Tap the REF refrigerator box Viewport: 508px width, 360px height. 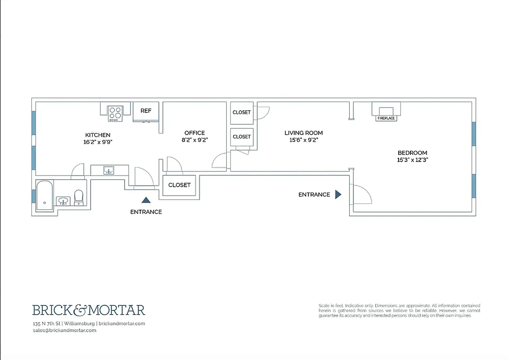[146, 111]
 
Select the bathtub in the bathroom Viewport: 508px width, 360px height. [45, 193]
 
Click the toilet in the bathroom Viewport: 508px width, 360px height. [79, 197]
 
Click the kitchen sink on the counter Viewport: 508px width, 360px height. [108, 170]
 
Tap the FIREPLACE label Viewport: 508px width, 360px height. [386, 118]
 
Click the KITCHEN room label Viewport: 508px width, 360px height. [98, 135]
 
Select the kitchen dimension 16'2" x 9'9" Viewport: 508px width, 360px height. [98, 142]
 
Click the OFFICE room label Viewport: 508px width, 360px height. [194, 133]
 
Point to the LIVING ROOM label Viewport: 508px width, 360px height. [304, 133]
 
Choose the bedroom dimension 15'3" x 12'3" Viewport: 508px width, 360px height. [412, 160]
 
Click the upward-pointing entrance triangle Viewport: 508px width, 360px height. [146, 200]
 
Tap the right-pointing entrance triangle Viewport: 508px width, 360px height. [338, 194]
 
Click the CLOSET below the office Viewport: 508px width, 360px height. [179, 185]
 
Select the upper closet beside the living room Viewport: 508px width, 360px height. [242, 112]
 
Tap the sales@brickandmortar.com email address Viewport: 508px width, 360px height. [64, 330]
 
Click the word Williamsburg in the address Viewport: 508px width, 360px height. [80, 324]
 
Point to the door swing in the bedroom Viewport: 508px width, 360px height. [362, 195]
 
